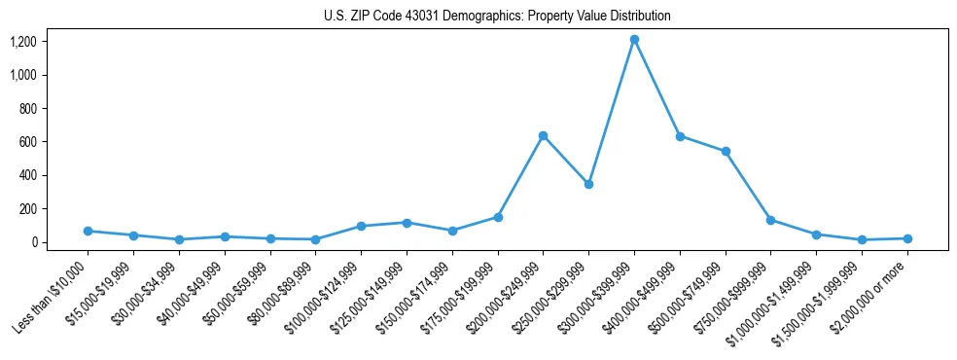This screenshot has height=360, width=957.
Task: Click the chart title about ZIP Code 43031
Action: tap(497, 17)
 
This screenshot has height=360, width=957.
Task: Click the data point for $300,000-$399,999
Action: tap(634, 40)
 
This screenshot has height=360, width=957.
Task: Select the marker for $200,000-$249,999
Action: tap(543, 135)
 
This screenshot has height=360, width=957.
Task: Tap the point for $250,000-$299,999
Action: tap(588, 184)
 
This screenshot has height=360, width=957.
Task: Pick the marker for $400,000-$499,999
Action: tap(680, 136)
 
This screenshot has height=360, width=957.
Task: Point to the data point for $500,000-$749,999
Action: tap(726, 152)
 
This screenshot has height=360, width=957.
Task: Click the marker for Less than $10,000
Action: tap(88, 231)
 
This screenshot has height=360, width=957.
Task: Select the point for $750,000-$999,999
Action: tap(770, 220)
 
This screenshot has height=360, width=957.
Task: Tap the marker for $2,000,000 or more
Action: tap(907, 238)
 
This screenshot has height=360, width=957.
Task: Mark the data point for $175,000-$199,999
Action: tap(498, 217)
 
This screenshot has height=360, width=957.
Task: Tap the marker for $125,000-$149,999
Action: tap(407, 223)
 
